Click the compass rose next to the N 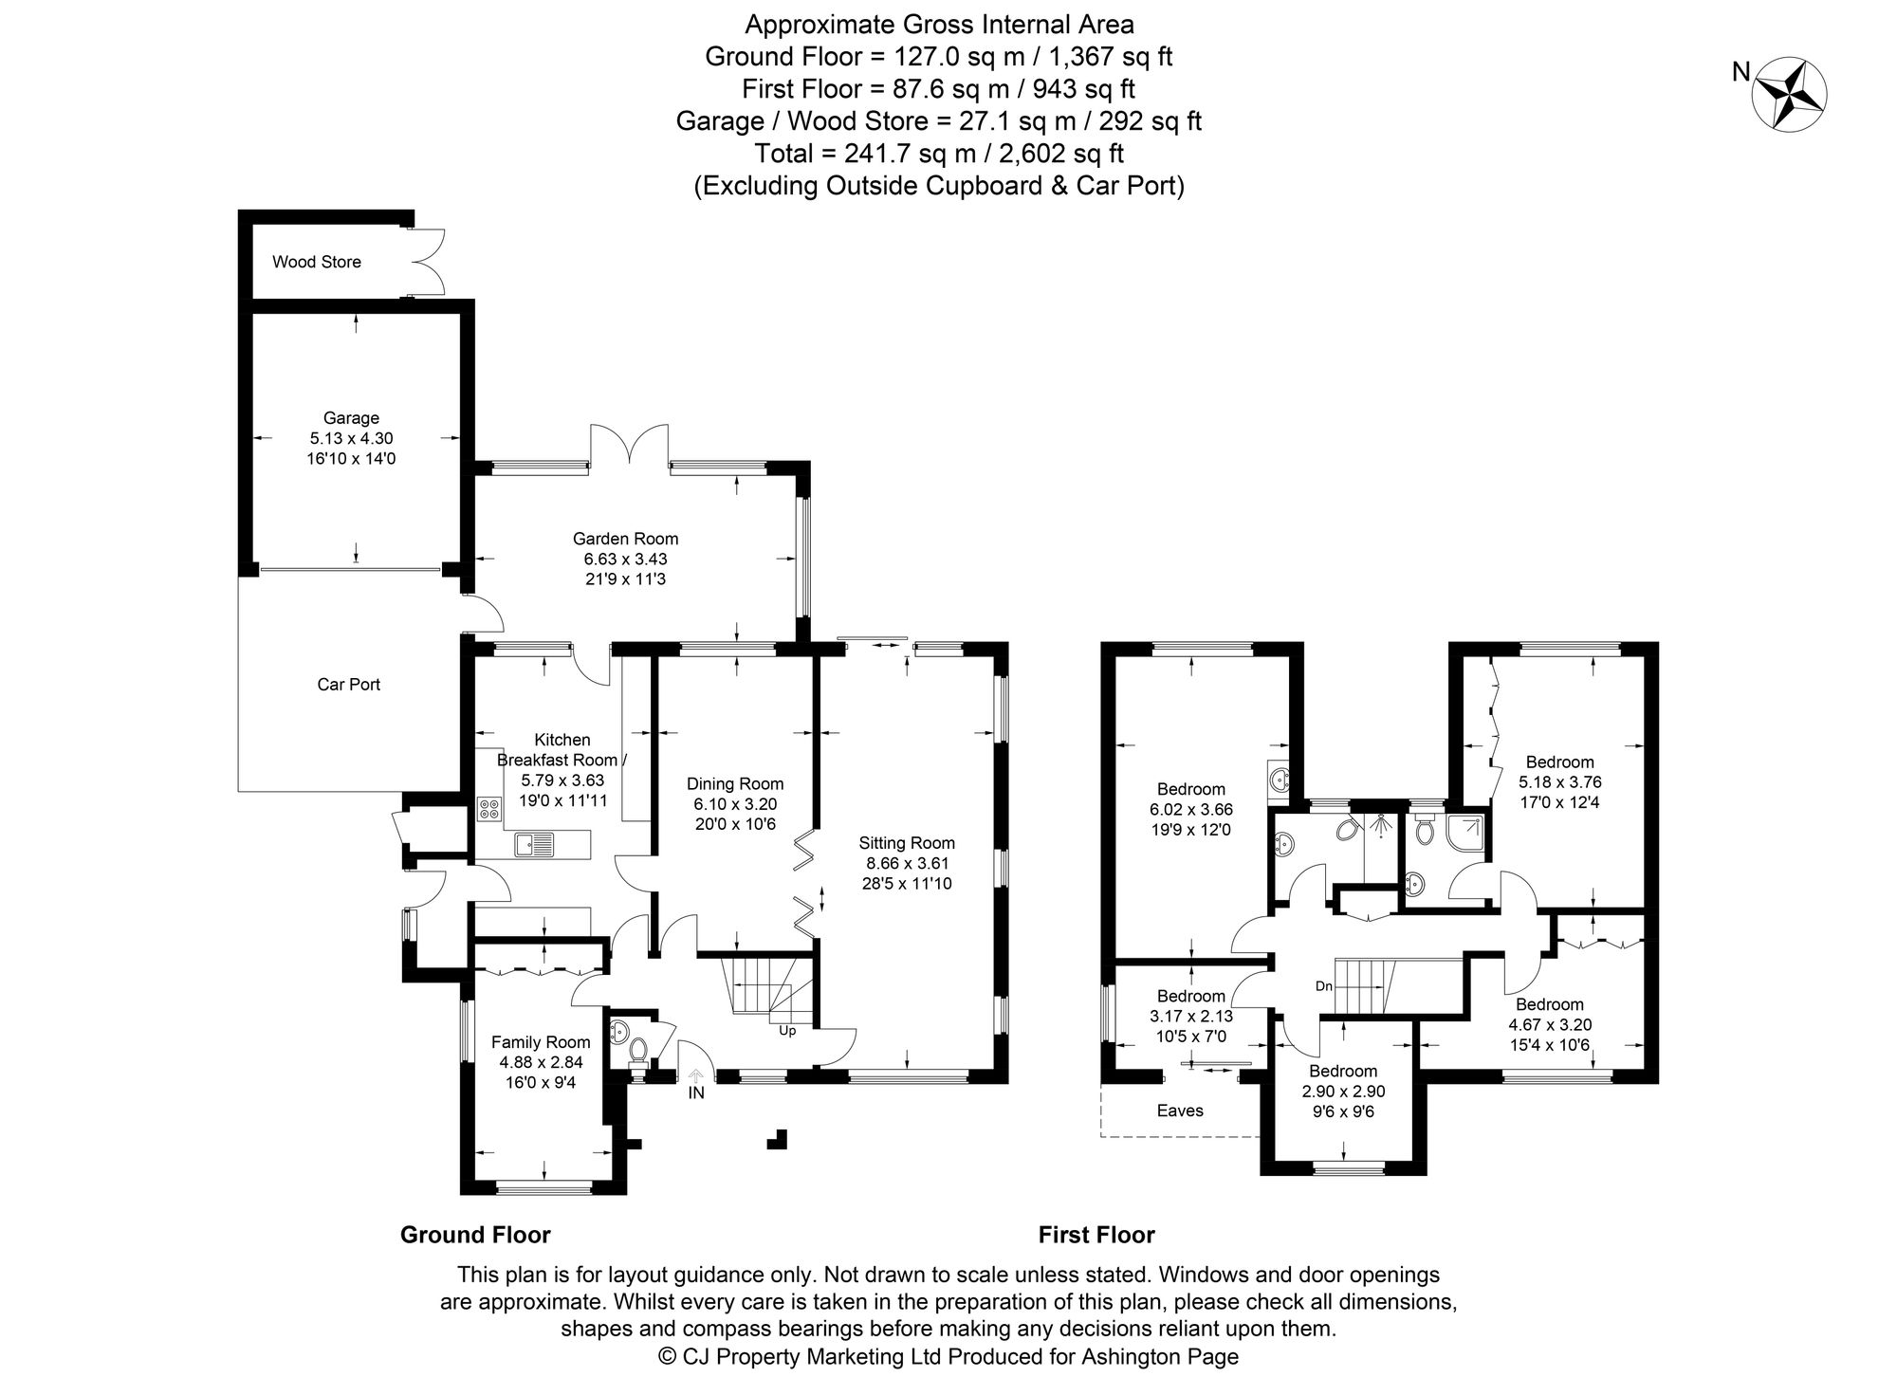coord(1790,93)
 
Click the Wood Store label coord(316,262)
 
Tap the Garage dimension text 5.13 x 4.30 coord(351,438)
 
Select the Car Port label coord(348,684)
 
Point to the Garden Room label coord(625,539)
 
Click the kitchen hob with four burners coord(490,809)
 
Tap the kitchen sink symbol coord(535,843)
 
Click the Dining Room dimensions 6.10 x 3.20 coord(734,804)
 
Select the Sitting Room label coord(907,842)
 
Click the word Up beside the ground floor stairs coord(787,1030)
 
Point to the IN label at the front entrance coord(696,1092)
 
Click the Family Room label coord(541,1041)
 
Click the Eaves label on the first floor coord(1180,1110)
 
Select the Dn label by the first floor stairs coord(1324,986)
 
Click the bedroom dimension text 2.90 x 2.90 coord(1343,1092)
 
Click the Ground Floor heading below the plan coord(475,1235)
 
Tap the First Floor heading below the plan coord(1096,1235)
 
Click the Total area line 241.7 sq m coord(938,153)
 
